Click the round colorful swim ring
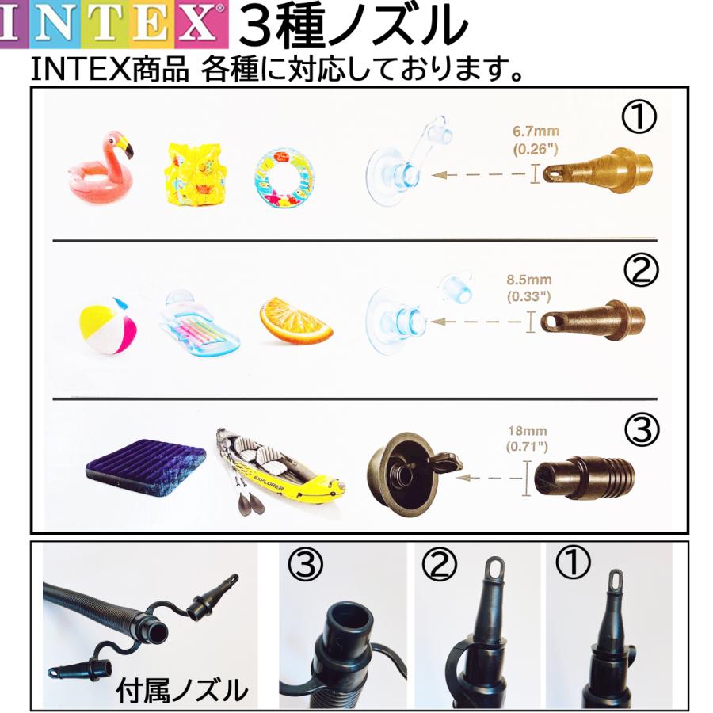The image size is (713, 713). point(284,176)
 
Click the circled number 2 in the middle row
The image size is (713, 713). point(641,272)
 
